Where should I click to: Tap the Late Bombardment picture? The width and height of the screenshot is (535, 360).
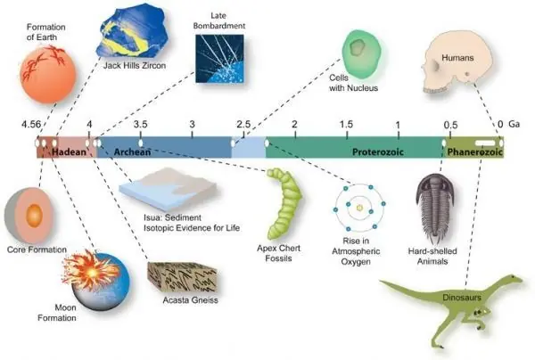(x=219, y=59)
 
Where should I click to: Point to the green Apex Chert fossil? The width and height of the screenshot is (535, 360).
(x=284, y=204)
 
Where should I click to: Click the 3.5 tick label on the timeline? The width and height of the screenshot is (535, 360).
(x=141, y=125)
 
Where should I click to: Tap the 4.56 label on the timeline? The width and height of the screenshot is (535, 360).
(x=31, y=125)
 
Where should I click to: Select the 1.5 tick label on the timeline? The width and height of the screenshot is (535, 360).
(x=346, y=125)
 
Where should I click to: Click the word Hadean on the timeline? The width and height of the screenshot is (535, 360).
(x=70, y=151)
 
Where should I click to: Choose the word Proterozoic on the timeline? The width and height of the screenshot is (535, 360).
(x=378, y=151)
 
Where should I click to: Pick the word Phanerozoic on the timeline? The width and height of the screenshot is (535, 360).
(x=475, y=151)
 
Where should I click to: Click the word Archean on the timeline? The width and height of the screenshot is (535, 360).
(x=132, y=151)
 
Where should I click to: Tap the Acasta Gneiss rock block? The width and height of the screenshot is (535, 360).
(x=182, y=277)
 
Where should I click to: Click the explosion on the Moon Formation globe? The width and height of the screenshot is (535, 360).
(x=91, y=270)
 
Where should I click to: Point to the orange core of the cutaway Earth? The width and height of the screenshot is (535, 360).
(x=34, y=216)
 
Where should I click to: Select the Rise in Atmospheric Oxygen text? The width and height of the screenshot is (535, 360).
(x=356, y=251)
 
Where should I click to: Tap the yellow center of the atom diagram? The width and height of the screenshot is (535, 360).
(x=359, y=208)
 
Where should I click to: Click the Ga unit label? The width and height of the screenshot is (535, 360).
(x=514, y=124)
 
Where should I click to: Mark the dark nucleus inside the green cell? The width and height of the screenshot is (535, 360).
(x=358, y=47)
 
